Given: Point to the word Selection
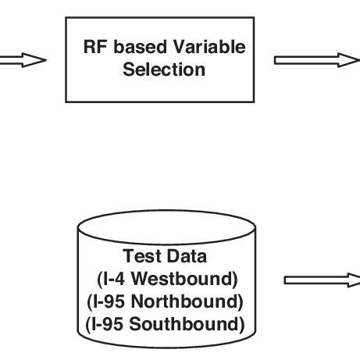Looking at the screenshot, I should click(x=164, y=70).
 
